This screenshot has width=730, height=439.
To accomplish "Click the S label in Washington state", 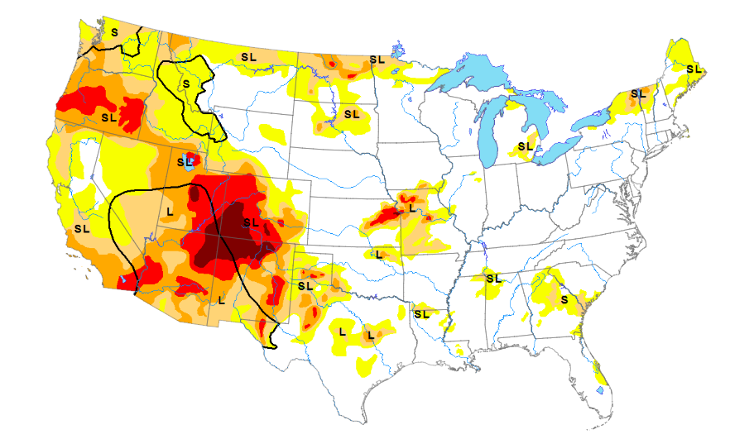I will point(113,31).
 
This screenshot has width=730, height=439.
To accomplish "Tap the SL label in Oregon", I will point(108,117).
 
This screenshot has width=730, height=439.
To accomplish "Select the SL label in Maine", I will point(694,69).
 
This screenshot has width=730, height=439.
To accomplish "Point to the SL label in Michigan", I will point(524,146).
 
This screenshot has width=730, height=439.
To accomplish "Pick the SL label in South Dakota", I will point(352,113).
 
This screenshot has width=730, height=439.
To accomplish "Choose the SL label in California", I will point(82,227).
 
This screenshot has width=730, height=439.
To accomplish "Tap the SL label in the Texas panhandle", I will point(305,285).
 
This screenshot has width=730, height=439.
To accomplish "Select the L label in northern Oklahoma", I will point(378,254).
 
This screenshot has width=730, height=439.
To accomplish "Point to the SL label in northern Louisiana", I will point(421,313).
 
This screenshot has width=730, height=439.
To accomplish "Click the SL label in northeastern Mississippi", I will point(494,278).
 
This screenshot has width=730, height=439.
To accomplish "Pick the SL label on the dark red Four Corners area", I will point(252,222).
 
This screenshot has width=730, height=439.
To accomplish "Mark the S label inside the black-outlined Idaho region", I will point(186,84).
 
